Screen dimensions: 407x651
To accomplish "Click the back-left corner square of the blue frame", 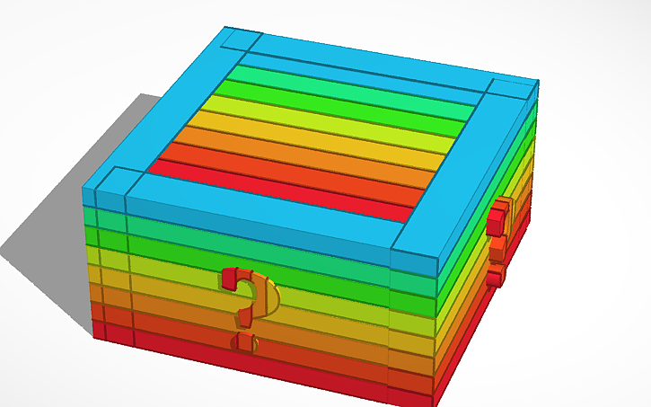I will point(240,40).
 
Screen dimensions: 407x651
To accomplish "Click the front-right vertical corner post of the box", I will point(413,332).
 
